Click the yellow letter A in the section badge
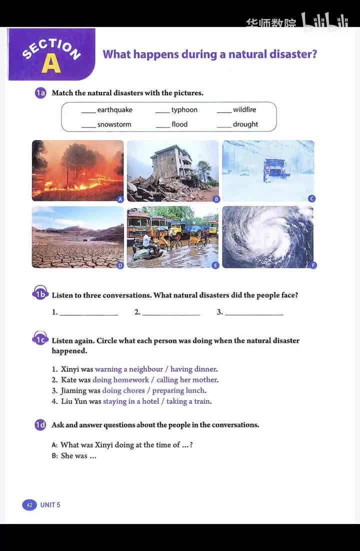click(51, 63)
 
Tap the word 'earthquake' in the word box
click(114, 110)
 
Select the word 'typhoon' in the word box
click(184, 110)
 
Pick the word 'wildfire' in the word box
click(244, 110)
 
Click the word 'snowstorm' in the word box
click(114, 124)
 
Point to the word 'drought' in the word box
click(245, 124)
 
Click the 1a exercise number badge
click(40, 93)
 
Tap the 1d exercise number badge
click(40, 425)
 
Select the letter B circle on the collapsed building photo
click(216, 199)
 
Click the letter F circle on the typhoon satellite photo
click(313, 265)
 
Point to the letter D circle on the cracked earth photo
click(120, 265)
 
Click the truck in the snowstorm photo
click(276, 168)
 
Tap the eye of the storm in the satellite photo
click(268, 235)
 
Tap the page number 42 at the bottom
click(29, 505)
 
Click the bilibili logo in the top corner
click(324, 22)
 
